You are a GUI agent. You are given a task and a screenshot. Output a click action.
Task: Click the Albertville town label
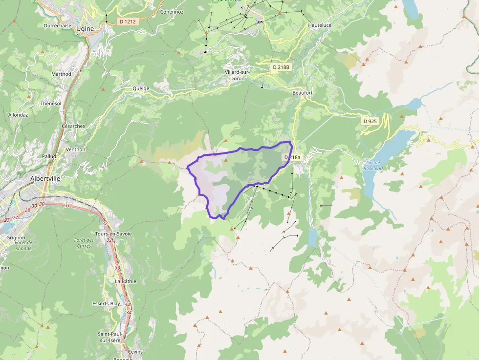point(45,179)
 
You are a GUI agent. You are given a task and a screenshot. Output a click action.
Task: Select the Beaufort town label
point(302,93)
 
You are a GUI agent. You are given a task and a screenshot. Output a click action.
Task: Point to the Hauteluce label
point(320,25)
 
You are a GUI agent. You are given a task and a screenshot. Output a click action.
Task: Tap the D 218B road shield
point(282,66)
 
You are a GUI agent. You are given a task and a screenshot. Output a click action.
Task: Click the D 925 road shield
point(370,121)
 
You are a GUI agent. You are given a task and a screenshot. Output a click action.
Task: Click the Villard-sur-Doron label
point(238,75)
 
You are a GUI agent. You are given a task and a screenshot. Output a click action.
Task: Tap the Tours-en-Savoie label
point(114,233)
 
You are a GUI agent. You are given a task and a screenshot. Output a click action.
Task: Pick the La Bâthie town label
point(126,281)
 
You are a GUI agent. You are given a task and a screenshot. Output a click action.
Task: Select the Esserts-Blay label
point(106,303)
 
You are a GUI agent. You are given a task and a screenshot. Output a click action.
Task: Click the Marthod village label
point(61,74)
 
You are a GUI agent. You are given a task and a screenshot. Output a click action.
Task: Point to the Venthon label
point(76,149)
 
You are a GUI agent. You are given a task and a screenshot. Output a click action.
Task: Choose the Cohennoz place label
point(172,12)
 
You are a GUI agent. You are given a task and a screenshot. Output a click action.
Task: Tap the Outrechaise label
point(57,25)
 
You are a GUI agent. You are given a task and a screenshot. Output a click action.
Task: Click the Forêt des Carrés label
point(84,243)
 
